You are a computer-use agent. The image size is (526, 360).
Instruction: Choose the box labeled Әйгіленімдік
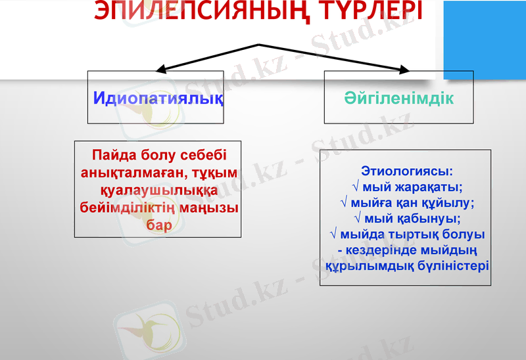pyautogui.click(x=398, y=99)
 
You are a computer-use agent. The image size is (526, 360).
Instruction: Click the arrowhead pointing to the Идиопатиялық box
pyautogui.click(x=160, y=69)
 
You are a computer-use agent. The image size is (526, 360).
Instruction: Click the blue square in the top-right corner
pyautogui.click(x=485, y=36)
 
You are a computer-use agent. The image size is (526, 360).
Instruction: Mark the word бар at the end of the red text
pyautogui.click(x=158, y=225)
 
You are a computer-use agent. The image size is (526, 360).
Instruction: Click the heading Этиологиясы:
pyautogui.click(x=407, y=171)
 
